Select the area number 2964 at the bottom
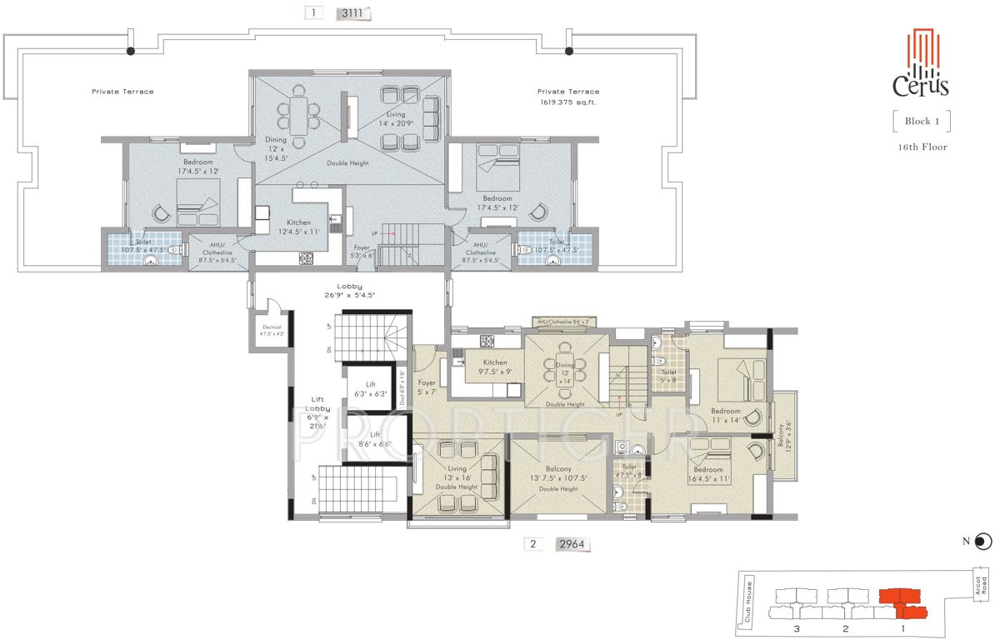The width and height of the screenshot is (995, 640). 572,545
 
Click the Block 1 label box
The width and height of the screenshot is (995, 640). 922,121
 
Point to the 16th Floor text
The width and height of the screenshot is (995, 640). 922,147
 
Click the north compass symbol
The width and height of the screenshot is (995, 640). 982,542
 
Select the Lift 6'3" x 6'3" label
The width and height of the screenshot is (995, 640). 370,388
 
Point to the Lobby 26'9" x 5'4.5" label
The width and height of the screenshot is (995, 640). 350,290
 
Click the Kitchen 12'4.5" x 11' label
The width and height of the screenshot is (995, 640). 298,227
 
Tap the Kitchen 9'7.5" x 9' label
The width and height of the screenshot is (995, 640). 494,367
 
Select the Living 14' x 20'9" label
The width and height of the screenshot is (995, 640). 395,119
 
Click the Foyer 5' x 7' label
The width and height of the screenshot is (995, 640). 427,387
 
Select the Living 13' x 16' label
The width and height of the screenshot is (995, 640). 457,474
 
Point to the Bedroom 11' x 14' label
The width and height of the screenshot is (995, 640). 725,415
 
